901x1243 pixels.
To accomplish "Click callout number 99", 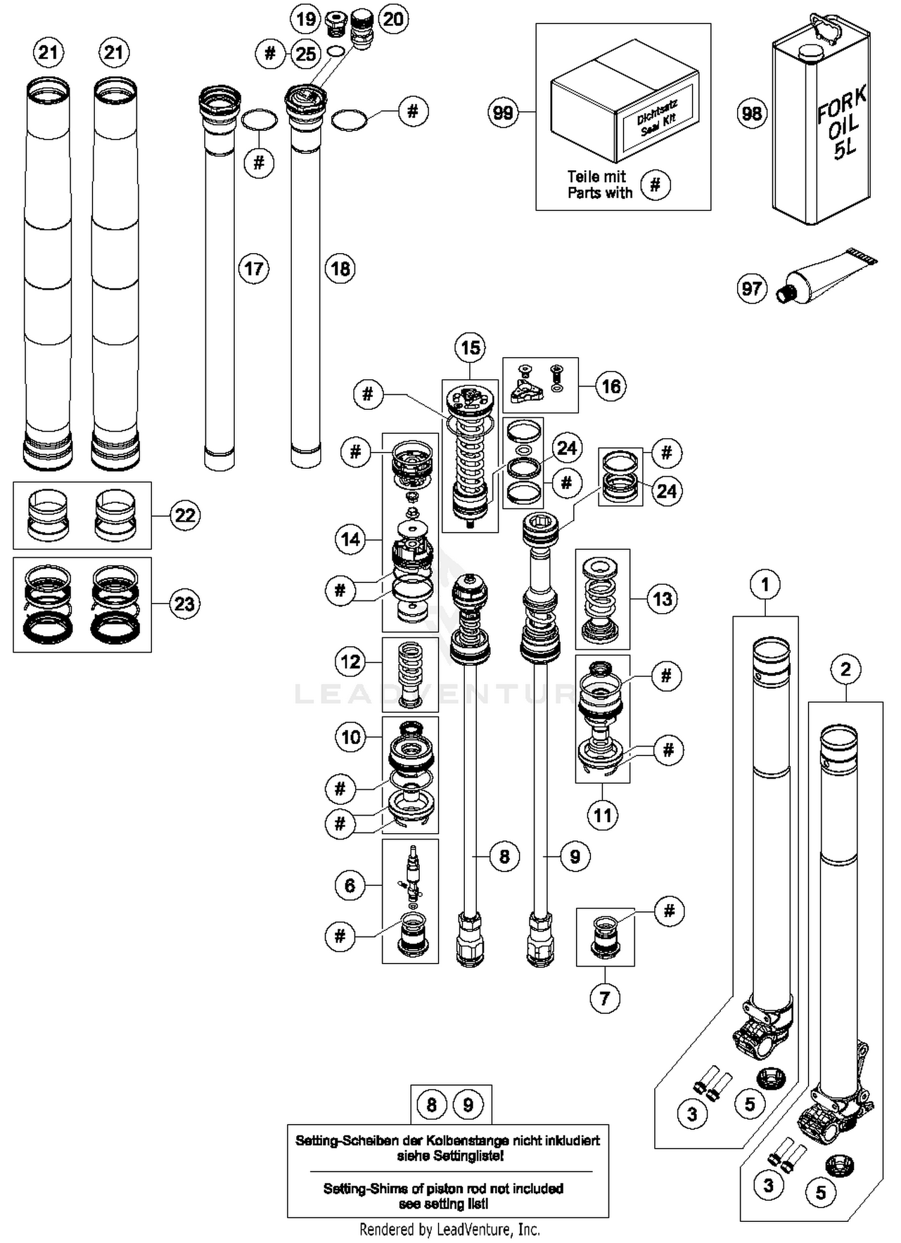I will click(503, 112).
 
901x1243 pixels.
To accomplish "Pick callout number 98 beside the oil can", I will click(751, 113).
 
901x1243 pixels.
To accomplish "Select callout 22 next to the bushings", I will click(185, 515).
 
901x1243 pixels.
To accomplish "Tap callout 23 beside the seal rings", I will click(184, 603).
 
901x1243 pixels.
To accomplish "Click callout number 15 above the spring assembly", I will click(470, 347).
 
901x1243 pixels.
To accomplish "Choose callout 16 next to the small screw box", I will click(611, 386).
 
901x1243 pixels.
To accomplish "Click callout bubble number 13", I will click(663, 599).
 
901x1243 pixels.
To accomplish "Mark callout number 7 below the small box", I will click(605, 998).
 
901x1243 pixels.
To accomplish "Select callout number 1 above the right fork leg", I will click(765, 584).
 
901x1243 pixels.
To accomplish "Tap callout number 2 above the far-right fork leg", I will click(846, 669).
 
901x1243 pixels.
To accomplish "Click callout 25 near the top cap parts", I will click(306, 54).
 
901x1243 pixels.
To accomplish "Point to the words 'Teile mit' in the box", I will click(596, 177).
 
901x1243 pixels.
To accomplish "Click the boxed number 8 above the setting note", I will click(431, 1105).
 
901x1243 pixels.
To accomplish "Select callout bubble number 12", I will click(350, 662).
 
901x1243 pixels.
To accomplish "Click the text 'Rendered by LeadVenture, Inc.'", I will click(449, 1229).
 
